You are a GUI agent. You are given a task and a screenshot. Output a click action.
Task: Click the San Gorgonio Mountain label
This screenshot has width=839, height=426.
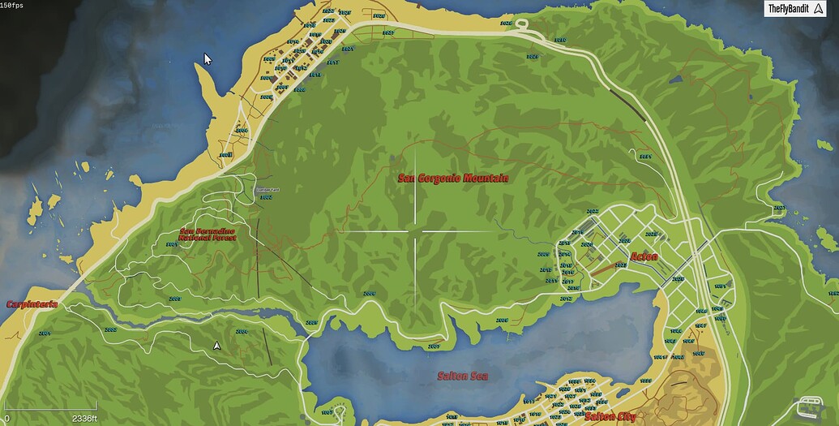(x=453, y=179)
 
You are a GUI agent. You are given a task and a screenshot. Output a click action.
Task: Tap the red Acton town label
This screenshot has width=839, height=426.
(x=644, y=256)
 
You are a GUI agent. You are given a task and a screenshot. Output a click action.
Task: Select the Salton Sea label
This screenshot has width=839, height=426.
(x=462, y=376)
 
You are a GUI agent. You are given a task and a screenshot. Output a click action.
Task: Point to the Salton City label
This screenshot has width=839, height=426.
(x=610, y=416)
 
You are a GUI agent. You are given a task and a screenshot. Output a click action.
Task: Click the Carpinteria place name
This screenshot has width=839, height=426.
(x=32, y=304)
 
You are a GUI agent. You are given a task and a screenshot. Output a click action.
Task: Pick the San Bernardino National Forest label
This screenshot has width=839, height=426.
(x=206, y=235)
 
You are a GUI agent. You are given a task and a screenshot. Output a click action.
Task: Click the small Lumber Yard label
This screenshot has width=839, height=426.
(x=265, y=190)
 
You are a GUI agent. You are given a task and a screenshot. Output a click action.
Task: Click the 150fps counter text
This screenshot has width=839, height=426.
(x=11, y=5)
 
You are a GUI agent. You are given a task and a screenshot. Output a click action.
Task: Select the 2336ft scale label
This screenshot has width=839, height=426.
(x=84, y=419)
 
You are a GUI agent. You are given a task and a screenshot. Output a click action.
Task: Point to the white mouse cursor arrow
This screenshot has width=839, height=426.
(x=208, y=59)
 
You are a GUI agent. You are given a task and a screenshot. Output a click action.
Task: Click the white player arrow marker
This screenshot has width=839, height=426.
(x=217, y=345)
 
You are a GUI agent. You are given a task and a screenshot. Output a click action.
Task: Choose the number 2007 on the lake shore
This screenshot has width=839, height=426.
(x=433, y=346)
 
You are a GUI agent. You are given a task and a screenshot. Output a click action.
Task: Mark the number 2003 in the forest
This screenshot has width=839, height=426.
(x=173, y=299)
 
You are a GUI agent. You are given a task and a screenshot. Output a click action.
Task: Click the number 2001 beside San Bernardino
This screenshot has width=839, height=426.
(x=171, y=243)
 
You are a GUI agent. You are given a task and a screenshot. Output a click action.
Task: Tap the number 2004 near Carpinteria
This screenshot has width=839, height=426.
(x=44, y=333)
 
